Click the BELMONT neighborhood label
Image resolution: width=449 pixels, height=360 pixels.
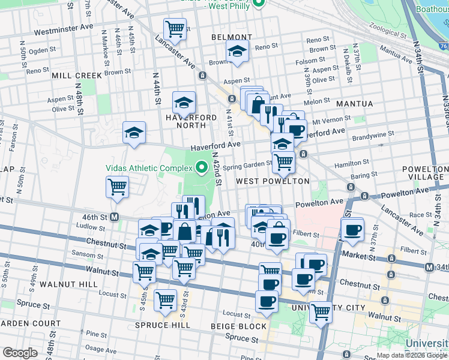226,37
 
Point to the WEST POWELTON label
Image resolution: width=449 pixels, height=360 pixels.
273,181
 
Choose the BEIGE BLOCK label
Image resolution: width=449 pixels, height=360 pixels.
238,326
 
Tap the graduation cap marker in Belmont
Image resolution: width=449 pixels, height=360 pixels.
238,53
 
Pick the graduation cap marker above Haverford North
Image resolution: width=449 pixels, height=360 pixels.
184,103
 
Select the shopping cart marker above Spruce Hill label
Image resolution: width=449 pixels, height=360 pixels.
165,299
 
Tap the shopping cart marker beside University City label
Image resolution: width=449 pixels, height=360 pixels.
321,311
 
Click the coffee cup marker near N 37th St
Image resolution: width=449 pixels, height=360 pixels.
352,229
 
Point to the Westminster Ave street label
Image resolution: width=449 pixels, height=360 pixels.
64,28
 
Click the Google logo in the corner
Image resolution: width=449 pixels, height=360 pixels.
20,353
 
